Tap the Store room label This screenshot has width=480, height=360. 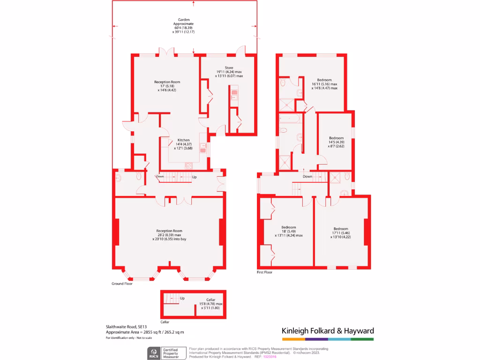(x=229, y=67)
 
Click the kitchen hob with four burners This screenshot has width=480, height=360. (x=188, y=165)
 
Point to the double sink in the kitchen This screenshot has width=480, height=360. (x=203, y=148)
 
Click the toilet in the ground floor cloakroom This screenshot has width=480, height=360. (x=139, y=177)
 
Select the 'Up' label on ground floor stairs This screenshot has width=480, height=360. (x=194, y=177)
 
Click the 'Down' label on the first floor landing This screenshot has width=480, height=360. (x=307, y=177)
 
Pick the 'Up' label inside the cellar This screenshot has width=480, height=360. (x=182, y=298)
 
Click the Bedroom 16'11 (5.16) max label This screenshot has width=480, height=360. (x=324, y=80)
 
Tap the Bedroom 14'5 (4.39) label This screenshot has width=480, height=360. (x=336, y=138)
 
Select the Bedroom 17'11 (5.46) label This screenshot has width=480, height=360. (x=340, y=229)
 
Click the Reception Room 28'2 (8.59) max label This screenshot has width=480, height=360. (x=169, y=231)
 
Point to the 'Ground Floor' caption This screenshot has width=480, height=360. (x=122, y=284)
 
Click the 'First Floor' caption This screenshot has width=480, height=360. (x=264, y=272)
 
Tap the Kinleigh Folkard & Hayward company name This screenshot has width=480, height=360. (x=328, y=330)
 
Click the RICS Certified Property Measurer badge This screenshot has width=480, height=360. (x=165, y=353)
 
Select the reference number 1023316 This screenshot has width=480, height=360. (x=270, y=357)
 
